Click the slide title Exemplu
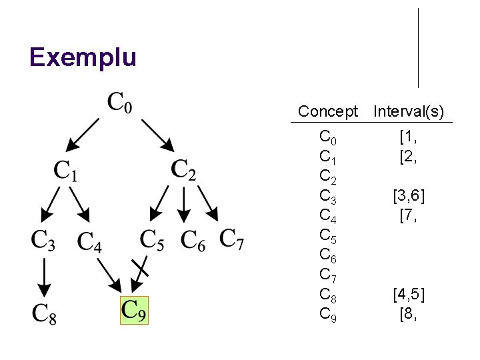coord(83,57)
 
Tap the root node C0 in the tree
coord(120,104)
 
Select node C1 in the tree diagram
coord(65,171)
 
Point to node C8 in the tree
coord(44,313)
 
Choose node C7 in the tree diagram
coord(231,239)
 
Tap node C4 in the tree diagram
coord(89,241)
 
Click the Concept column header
coord(328,111)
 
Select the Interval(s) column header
coord(409,111)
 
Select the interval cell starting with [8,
coord(408,314)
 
